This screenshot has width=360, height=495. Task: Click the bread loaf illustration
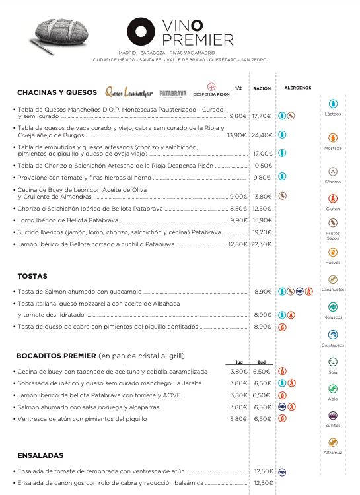pyautogui.click(x=59, y=36)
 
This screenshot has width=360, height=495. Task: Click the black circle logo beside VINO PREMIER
pyautogui.click(x=141, y=32)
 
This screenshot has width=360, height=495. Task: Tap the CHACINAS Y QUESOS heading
pyautogui.click(x=57, y=92)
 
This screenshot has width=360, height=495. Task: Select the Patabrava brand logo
pyautogui.click(x=173, y=93)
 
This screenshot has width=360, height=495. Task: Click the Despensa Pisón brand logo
pyautogui.click(x=211, y=90)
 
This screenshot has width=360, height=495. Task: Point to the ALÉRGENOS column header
pyautogui.click(x=297, y=88)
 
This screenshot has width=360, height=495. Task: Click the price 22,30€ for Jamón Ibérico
pyautogui.click(x=262, y=244)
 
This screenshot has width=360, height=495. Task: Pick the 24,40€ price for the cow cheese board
pyautogui.click(x=262, y=135)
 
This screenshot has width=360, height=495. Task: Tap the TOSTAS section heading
pyautogui.click(x=32, y=276)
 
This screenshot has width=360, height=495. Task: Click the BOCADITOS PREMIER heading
pyautogui.click(x=57, y=355)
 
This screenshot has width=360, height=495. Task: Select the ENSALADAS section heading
pyautogui.click(x=40, y=455)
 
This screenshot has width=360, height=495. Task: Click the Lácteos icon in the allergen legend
pyautogui.click(x=333, y=104)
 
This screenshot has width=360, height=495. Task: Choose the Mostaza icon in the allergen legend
pyautogui.click(x=333, y=138)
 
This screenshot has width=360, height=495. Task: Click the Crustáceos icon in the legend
pyautogui.click(x=333, y=335)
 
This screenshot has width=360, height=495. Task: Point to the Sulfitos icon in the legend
pyautogui.click(x=333, y=416)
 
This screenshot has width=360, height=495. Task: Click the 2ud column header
pyautogui.click(x=262, y=362)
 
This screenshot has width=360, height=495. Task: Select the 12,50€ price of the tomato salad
pyautogui.click(x=263, y=471)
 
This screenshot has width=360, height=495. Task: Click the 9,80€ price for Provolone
pyautogui.click(x=262, y=177)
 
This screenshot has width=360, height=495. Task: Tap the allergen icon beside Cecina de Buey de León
pyautogui.click(x=282, y=196)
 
